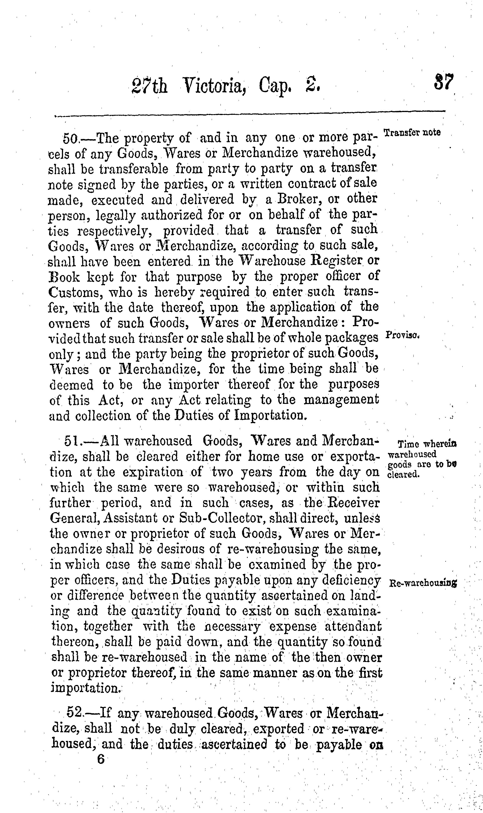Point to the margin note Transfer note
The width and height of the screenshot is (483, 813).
pyautogui.click(x=412, y=133)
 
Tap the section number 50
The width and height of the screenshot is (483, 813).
pyautogui.click(x=70, y=139)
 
